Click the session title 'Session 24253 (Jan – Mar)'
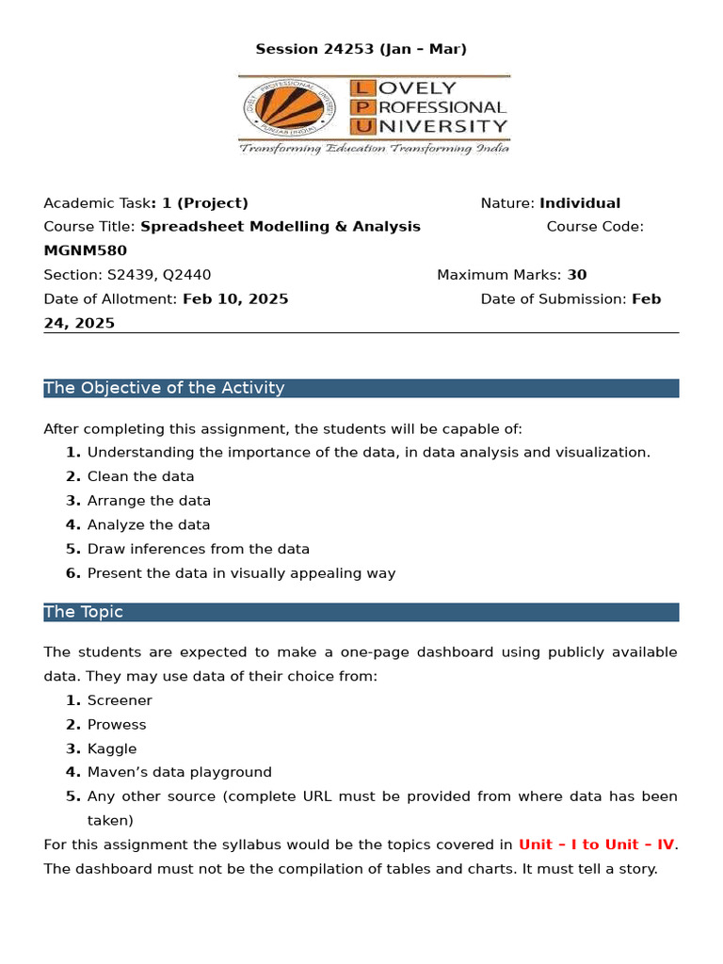pyautogui.click(x=361, y=49)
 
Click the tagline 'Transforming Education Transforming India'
pyautogui.click(x=374, y=149)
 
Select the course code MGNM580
pyautogui.click(x=85, y=250)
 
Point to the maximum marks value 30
pyautogui.click(x=576, y=275)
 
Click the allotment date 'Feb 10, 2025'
pyautogui.click(x=234, y=299)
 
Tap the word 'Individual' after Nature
pyautogui.click(x=579, y=203)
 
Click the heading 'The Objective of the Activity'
pyautogui.click(x=164, y=388)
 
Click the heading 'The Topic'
pyautogui.click(x=84, y=612)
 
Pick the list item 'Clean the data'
pyautogui.click(x=140, y=476)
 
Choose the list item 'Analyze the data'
pyautogui.click(x=149, y=525)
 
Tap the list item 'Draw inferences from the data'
pyautogui.click(x=198, y=549)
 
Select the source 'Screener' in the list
pyautogui.click(x=120, y=700)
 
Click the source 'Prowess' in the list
pyautogui.click(x=117, y=725)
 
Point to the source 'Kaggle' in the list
pyautogui.click(x=112, y=749)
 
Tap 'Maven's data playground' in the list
pyautogui.click(x=179, y=772)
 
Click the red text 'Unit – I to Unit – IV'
pyautogui.click(x=596, y=844)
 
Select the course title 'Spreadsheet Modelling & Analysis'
pyautogui.click(x=281, y=227)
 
